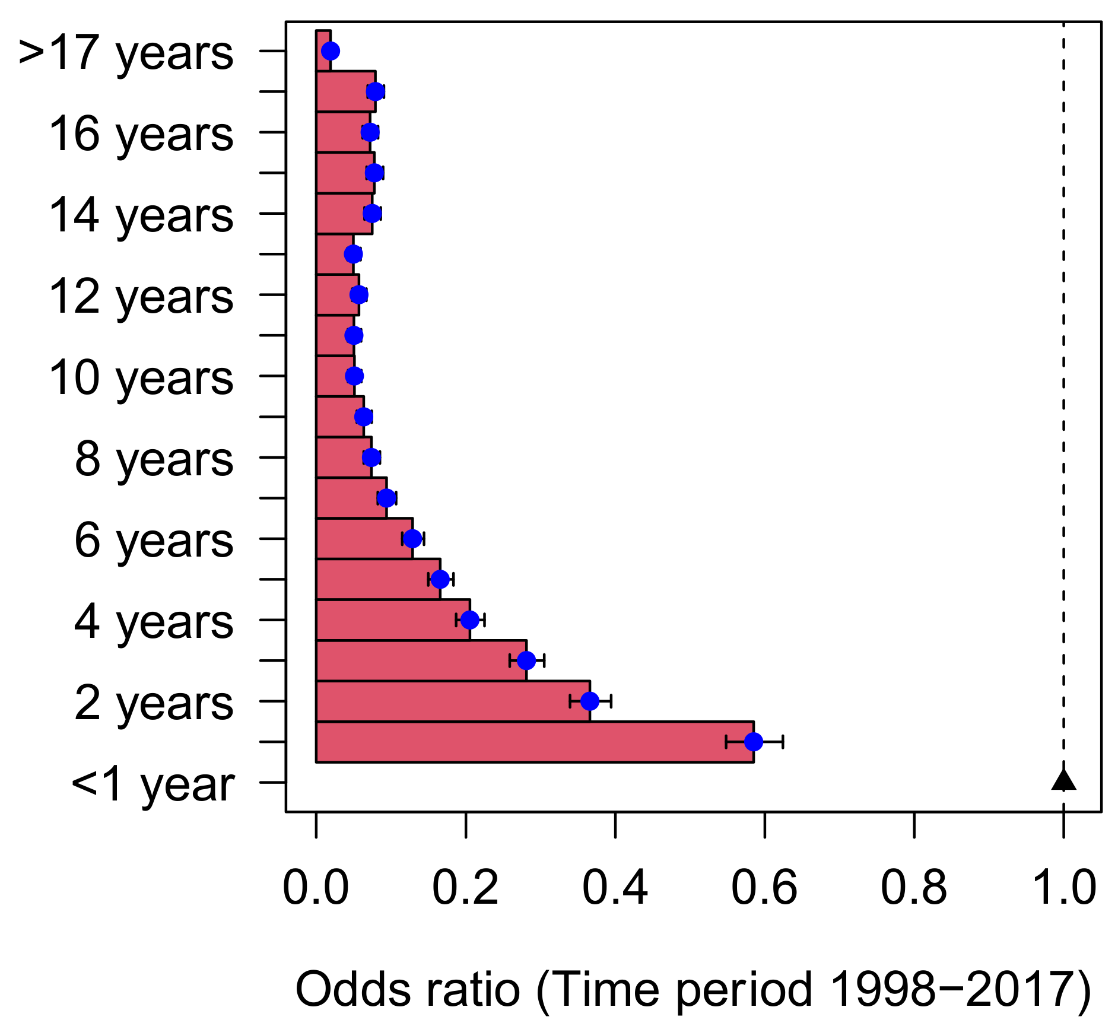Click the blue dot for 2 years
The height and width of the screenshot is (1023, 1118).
[x=589, y=701]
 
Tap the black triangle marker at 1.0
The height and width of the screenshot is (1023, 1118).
[x=1063, y=780]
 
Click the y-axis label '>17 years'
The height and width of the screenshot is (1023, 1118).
[x=126, y=53]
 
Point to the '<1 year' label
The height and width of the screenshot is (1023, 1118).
[x=153, y=785]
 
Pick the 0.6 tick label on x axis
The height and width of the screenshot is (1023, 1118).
[x=764, y=888]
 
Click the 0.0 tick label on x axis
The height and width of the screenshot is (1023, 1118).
[x=316, y=888]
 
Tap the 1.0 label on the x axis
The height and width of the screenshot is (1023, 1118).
[x=1063, y=888]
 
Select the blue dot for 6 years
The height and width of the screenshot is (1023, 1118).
[x=412, y=539]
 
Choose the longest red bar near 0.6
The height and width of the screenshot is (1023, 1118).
[x=534, y=742]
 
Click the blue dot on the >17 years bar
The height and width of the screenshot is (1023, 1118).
[x=331, y=51]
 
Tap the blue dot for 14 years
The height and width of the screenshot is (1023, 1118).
[x=371, y=213]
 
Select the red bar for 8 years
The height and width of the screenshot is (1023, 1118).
[x=343, y=458]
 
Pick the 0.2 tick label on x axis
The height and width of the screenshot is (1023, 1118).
[x=465, y=888]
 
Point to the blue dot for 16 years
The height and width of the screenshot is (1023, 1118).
[x=370, y=132]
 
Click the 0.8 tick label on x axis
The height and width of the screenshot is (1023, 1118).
[x=914, y=888]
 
